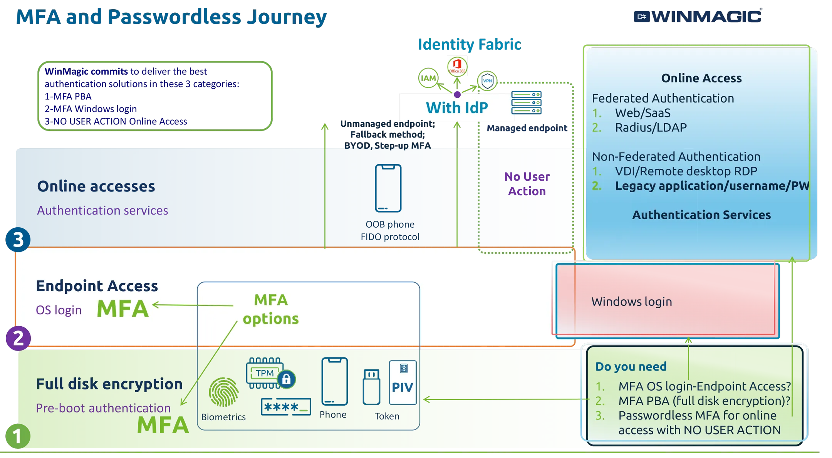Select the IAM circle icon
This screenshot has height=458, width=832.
click(x=428, y=78)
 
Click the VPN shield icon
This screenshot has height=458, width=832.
click(x=487, y=81)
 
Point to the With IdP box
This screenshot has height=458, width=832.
click(x=457, y=107)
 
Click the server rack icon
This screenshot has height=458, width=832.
click(x=527, y=103)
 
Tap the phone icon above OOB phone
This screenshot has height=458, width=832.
click(x=388, y=188)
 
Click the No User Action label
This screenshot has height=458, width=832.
click(x=527, y=184)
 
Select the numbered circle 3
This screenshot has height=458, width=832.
click(x=18, y=240)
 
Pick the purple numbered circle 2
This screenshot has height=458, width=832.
click(x=18, y=338)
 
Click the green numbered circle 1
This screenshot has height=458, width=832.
click(x=17, y=436)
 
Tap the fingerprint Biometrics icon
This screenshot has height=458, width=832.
click(x=223, y=392)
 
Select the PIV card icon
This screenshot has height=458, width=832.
click(x=403, y=383)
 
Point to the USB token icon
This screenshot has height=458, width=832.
click(x=371, y=387)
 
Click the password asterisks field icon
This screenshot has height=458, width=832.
click(x=286, y=407)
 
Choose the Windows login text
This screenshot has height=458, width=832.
click(x=632, y=302)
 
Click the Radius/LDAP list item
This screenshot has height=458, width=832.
click(x=651, y=128)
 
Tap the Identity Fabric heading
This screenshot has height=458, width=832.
click(x=469, y=44)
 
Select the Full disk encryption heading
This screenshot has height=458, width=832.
click(x=109, y=384)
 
